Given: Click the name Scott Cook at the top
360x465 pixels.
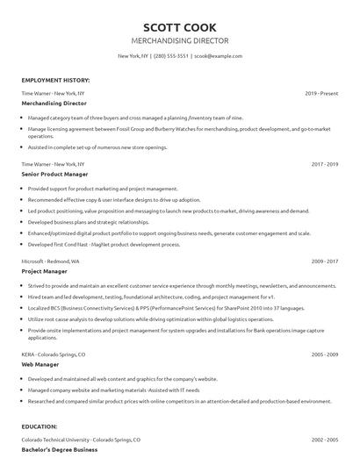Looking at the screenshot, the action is coord(179,27).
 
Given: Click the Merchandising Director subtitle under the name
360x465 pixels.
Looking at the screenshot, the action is coord(179,40).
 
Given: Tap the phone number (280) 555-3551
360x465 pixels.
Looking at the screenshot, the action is coord(172,56).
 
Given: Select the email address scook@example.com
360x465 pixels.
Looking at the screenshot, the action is coord(217,56).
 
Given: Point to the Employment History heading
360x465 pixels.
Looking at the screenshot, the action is coord(55,80).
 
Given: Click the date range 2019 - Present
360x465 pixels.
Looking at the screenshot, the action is coord(321,92).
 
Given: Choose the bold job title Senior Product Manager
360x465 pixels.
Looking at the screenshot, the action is coord(55,174).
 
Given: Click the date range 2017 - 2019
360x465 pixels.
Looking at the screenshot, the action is coord(325,164).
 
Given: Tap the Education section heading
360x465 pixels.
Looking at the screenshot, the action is coord(40,426).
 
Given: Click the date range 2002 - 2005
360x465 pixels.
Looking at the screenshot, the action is coord(325,439).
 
